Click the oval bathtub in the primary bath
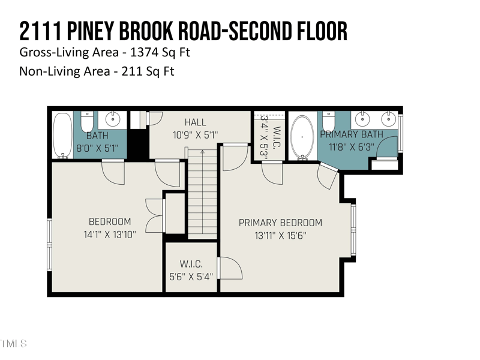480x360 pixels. (302, 136)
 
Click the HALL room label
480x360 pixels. (196, 122)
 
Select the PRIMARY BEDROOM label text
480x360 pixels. (280, 223)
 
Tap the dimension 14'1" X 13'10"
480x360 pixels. (109, 235)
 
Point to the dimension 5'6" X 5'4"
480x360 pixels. (191, 277)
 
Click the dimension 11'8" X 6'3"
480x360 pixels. (351, 146)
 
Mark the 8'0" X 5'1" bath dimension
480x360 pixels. (97, 147)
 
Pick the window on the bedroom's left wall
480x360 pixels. (50, 244)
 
